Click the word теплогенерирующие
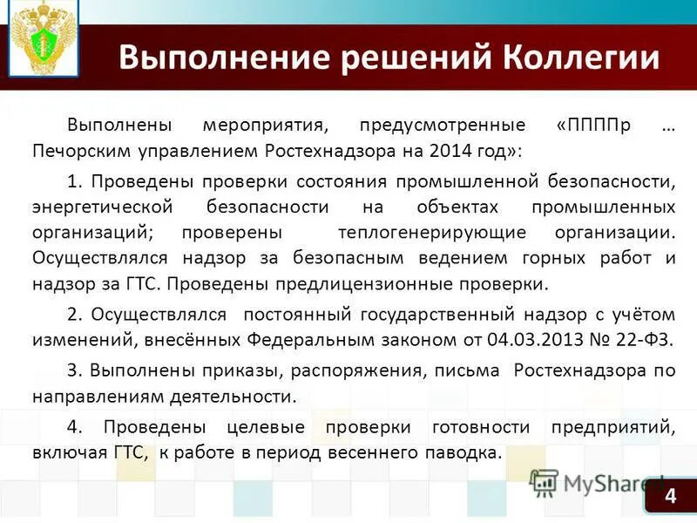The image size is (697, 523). (432, 234)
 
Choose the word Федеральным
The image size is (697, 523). (287, 339)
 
